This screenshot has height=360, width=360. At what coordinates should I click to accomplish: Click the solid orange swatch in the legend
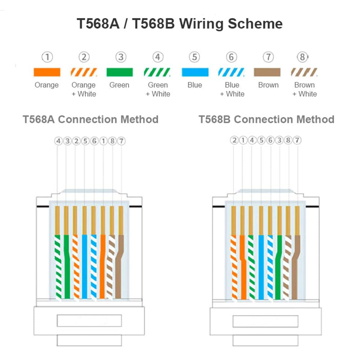click(47, 72)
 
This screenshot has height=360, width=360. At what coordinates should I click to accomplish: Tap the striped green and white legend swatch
click(157, 72)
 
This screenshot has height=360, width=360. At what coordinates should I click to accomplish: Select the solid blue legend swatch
click(195, 72)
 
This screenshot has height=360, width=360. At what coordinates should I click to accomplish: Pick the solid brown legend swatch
click(267, 72)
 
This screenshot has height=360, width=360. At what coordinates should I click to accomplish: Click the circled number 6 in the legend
click(232, 57)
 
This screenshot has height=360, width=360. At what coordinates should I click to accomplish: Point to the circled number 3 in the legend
click(121, 57)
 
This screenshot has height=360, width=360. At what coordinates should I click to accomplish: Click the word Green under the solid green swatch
click(119, 85)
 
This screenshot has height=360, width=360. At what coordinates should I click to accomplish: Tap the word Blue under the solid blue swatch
click(195, 85)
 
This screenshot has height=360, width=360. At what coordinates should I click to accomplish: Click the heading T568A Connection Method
click(91, 119)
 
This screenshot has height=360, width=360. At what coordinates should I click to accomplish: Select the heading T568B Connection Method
click(266, 119)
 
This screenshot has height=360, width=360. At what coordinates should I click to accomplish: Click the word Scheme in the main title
click(255, 24)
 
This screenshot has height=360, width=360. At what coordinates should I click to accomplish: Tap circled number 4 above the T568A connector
click(58, 141)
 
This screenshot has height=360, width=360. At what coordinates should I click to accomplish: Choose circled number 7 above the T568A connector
click(122, 141)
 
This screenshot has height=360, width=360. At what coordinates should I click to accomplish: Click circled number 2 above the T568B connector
click(234, 140)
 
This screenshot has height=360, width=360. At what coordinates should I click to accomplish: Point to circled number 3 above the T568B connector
click(279, 140)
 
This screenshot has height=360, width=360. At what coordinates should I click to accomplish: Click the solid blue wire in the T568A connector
click(85, 267)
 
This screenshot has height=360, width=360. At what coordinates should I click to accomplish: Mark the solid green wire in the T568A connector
click(67, 267)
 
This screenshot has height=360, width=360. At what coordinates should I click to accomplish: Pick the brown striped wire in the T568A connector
click(111, 267)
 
